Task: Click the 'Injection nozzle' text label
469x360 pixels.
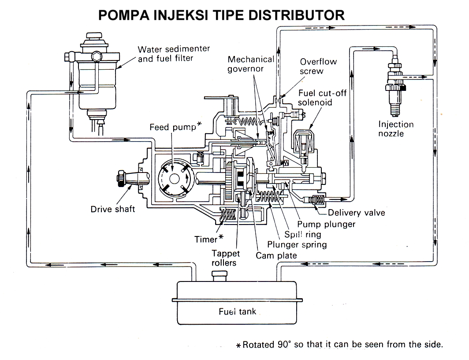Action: tap(396, 128)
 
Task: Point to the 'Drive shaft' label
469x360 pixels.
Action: tap(113, 209)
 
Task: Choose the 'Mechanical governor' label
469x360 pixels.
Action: tap(252, 64)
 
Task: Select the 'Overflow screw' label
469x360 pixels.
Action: tap(318, 66)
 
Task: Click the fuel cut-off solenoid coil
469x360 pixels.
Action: tap(304, 143)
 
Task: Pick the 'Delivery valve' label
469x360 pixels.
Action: tap(357, 213)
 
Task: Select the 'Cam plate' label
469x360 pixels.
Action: tap(276, 255)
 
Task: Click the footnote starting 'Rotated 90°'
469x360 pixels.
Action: tap(339, 344)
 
